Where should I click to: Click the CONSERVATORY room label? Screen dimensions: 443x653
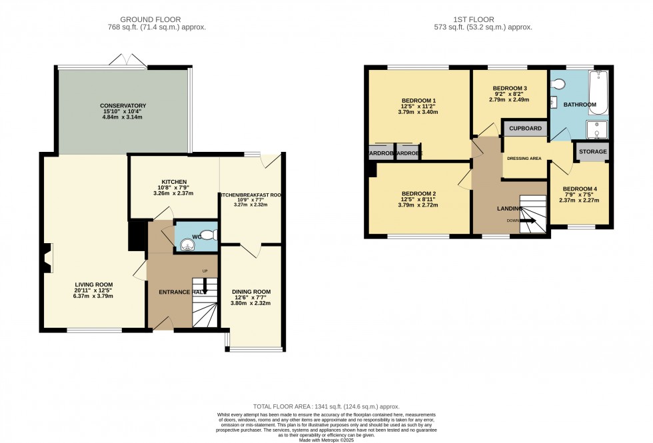123,106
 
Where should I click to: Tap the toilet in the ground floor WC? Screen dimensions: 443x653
209,234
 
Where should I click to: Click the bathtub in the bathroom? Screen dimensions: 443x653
599,93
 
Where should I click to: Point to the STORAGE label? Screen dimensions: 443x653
592,152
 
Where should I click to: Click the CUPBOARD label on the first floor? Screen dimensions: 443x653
526,128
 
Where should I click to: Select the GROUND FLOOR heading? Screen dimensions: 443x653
157,19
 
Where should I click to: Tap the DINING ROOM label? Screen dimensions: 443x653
251,292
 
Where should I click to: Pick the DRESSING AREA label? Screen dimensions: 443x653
524,159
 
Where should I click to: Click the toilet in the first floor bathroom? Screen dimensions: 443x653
558,84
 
